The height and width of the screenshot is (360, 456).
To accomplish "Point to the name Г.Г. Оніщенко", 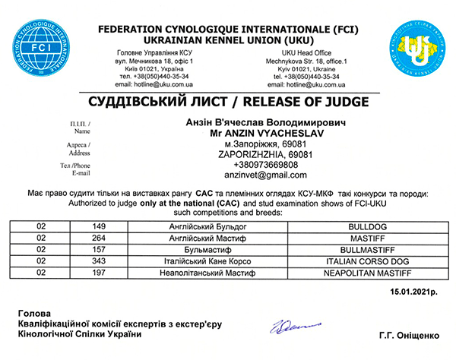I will tap(407, 334).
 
